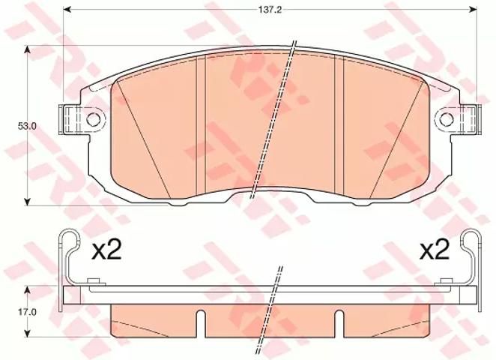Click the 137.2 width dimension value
click(270, 10)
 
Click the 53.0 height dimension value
click(27, 126)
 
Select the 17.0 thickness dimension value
click(27, 312)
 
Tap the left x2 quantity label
click(106, 252)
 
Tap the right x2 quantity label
click(435, 251)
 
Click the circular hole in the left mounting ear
click(94, 119)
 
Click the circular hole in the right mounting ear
click(447, 119)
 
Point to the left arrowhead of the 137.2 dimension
click(67, 10)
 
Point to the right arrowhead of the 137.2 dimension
click(473, 10)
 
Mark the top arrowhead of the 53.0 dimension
click(28, 50)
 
